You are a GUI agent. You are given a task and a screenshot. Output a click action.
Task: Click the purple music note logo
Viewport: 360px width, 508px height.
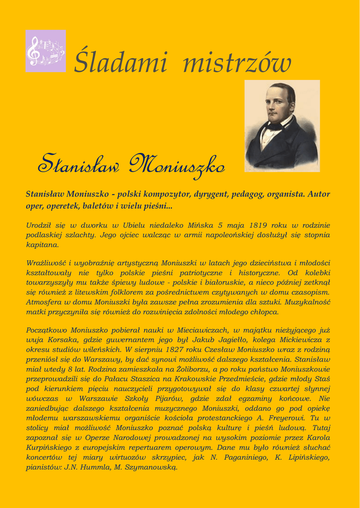(x=46, y=51)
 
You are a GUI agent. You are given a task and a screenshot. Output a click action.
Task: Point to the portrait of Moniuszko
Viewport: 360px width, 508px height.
(x=282, y=126)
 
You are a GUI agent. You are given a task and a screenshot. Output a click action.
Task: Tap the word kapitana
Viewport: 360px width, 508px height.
(x=43, y=245)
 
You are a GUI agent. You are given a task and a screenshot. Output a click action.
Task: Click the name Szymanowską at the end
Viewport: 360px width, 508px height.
(x=148, y=467)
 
